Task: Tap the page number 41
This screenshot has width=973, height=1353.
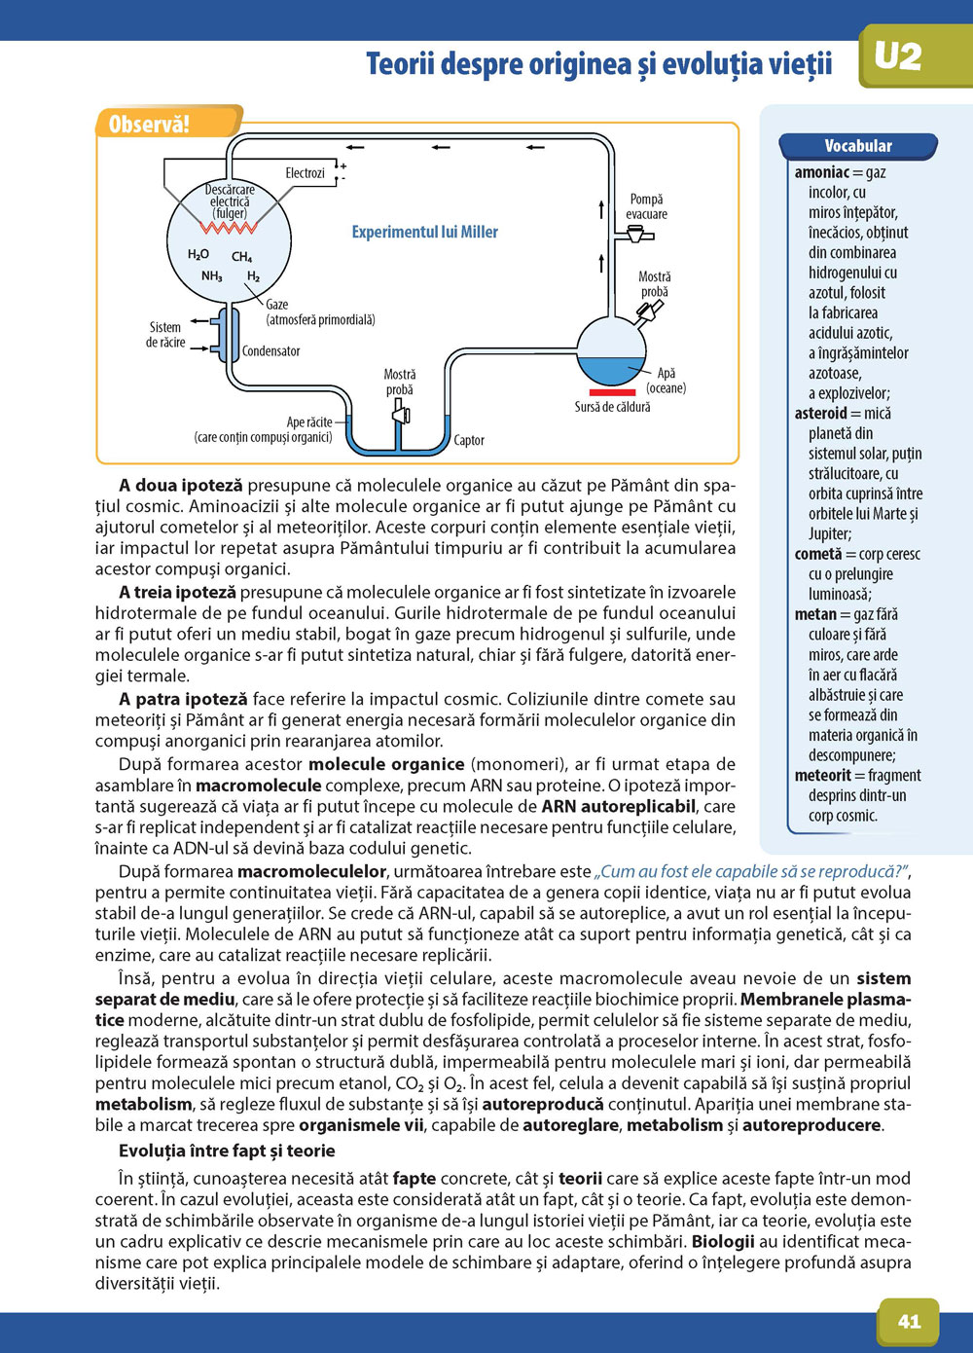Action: [909, 1321]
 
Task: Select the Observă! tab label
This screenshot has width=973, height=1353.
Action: [149, 124]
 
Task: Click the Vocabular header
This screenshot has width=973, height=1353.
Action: [857, 146]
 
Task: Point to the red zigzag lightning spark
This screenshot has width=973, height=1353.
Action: [229, 227]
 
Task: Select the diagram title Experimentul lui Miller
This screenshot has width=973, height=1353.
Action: [424, 232]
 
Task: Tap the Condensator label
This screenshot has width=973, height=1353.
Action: [270, 350]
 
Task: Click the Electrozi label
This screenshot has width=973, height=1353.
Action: [305, 173]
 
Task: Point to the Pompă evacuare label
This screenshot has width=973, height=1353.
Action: [646, 206]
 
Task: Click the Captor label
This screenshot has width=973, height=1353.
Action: [469, 440]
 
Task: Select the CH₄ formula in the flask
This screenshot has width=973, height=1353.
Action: [241, 257]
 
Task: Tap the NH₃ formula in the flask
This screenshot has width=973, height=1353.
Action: [211, 276]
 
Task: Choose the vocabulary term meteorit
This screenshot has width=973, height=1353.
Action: [822, 776]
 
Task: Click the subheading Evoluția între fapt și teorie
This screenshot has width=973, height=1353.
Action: [227, 1151]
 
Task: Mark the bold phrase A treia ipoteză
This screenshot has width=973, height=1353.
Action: [177, 592]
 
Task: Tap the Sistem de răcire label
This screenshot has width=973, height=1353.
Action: [165, 335]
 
